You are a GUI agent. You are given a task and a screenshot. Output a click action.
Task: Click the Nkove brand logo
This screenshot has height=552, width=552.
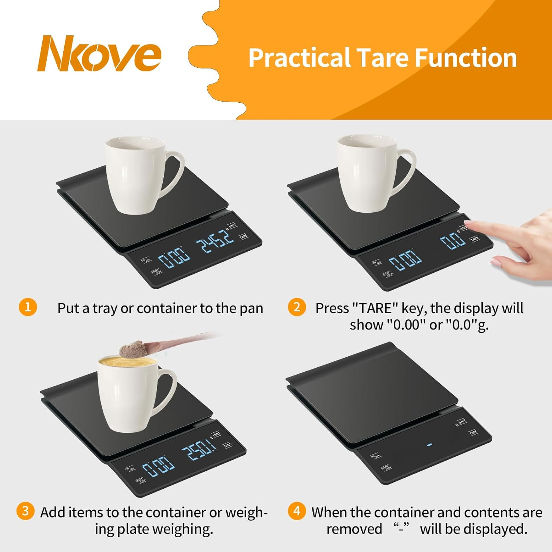99,54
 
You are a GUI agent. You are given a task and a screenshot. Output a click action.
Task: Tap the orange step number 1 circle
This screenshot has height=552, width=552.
28,307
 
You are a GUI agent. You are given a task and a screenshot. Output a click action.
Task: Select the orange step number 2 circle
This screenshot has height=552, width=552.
297,307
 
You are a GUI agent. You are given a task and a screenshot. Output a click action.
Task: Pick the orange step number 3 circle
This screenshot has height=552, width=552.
25,511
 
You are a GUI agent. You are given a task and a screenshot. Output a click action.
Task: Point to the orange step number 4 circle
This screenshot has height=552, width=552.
297,511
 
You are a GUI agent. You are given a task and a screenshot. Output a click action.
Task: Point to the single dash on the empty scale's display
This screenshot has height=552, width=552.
429,445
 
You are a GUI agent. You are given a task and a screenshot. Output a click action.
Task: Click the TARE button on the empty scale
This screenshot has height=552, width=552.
473,432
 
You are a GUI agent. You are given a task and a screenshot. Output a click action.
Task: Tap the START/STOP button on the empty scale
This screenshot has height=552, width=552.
386,468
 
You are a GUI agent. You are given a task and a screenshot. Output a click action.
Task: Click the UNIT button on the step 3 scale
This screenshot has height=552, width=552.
216,435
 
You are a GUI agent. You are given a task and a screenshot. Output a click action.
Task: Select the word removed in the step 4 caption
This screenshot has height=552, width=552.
354,529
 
